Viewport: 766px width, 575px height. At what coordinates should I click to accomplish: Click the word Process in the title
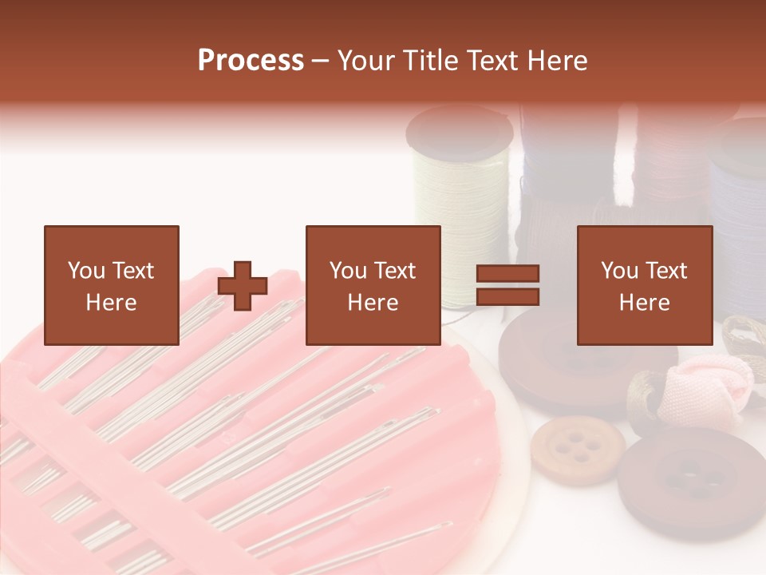point(251,61)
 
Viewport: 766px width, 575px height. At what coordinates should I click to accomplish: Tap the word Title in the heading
point(429,61)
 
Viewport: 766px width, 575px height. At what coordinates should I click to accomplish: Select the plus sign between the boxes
point(243,286)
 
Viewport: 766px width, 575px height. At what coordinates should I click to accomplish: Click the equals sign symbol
point(507,285)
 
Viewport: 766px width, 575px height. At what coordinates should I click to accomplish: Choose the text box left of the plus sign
point(111,285)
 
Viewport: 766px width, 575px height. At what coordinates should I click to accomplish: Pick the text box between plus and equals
point(373,285)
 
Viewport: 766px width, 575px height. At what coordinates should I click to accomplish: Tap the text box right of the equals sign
point(644,285)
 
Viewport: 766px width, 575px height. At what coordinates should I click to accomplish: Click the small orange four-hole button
point(578,449)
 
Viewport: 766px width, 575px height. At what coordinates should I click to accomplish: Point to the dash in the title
point(321,61)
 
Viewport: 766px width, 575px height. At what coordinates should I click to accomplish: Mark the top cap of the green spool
point(459,128)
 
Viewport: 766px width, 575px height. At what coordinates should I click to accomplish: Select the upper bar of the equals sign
point(507,274)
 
